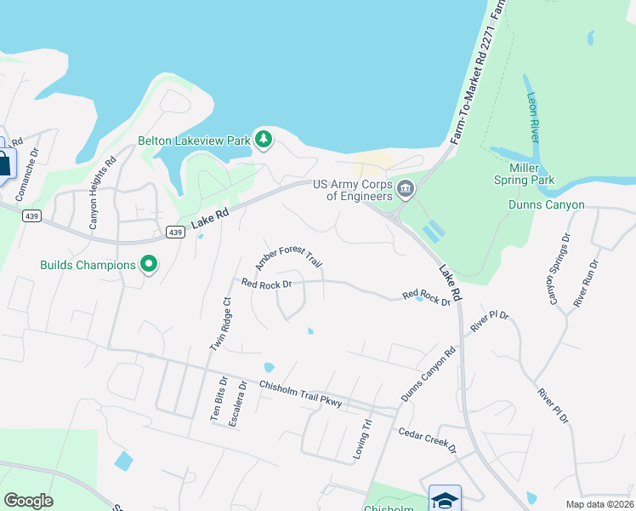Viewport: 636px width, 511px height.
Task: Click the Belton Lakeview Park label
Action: [x=194, y=140]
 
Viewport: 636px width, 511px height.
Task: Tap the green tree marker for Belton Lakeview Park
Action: [x=264, y=139]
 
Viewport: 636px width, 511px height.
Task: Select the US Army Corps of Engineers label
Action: [x=352, y=190]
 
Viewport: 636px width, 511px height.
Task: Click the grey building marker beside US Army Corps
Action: [x=406, y=188]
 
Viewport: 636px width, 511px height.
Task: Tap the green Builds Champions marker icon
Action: [x=149, y=265]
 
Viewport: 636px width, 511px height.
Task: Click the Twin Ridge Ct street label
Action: [x=221, y=324]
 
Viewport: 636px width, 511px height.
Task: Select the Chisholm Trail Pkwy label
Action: [x=288, y=393]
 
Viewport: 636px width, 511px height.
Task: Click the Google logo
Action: [x=28, y=501]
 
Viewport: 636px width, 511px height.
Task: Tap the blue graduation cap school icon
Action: [x=445, y=499]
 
